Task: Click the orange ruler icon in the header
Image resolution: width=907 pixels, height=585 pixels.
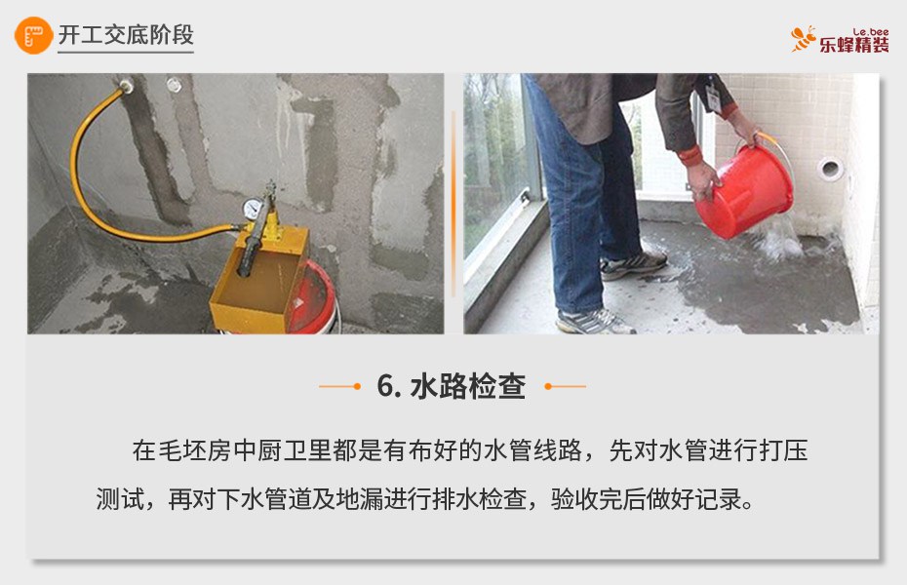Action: pyautogui.click(x=33, y=35)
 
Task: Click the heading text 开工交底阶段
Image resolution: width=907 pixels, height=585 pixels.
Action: pyautogui.click(x=126, y=35)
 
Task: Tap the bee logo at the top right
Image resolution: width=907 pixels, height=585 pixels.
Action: pyautogui.click(x=804, y=39)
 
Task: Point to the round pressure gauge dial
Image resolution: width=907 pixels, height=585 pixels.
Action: pyautogui.click(x=251, y=209)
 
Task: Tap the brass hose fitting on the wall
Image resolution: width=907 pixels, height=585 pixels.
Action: pyautogui.click(x=126, y=86)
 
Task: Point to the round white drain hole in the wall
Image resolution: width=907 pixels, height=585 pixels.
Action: pyautogui.click(x=830, y=169)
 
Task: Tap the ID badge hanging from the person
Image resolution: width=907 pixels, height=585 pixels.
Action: pyautogui.click(x=713, y=97)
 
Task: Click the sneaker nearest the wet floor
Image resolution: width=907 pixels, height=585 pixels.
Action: pyautogui.click(x=633, y=264)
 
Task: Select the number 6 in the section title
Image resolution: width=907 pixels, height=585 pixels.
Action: pyautogui.click(x=386, y=386)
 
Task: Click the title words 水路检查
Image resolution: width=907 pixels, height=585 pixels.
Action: pyautogui.click(x=468, y=386)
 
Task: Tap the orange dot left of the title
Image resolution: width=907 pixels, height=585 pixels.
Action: pyautogui.click(x=357, y=386)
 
